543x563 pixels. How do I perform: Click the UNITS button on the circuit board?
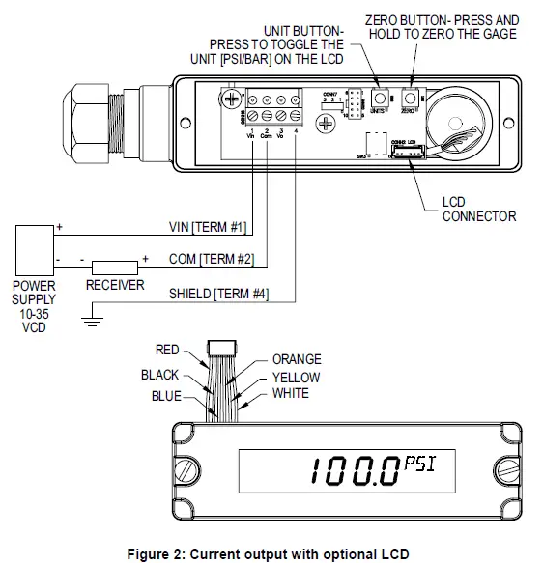coord(378,99)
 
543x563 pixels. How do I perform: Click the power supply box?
coord(34,249)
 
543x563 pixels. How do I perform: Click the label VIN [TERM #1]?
coord(207,228)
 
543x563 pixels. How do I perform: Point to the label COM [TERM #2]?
coord(210,260)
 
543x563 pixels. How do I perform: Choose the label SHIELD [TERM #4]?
coord(218,294)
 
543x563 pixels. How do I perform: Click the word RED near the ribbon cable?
coord(168,350)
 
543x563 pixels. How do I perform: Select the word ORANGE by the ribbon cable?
coord(297,359)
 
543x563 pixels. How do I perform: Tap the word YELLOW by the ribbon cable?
coord(296,377)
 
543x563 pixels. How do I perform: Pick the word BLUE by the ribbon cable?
coord(165,396)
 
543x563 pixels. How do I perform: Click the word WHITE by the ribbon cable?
coord(290,393)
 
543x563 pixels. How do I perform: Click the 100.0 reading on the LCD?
coord(354,471)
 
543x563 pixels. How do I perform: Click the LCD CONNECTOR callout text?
coord(478,210)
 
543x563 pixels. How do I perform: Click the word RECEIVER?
coord(115,285)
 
